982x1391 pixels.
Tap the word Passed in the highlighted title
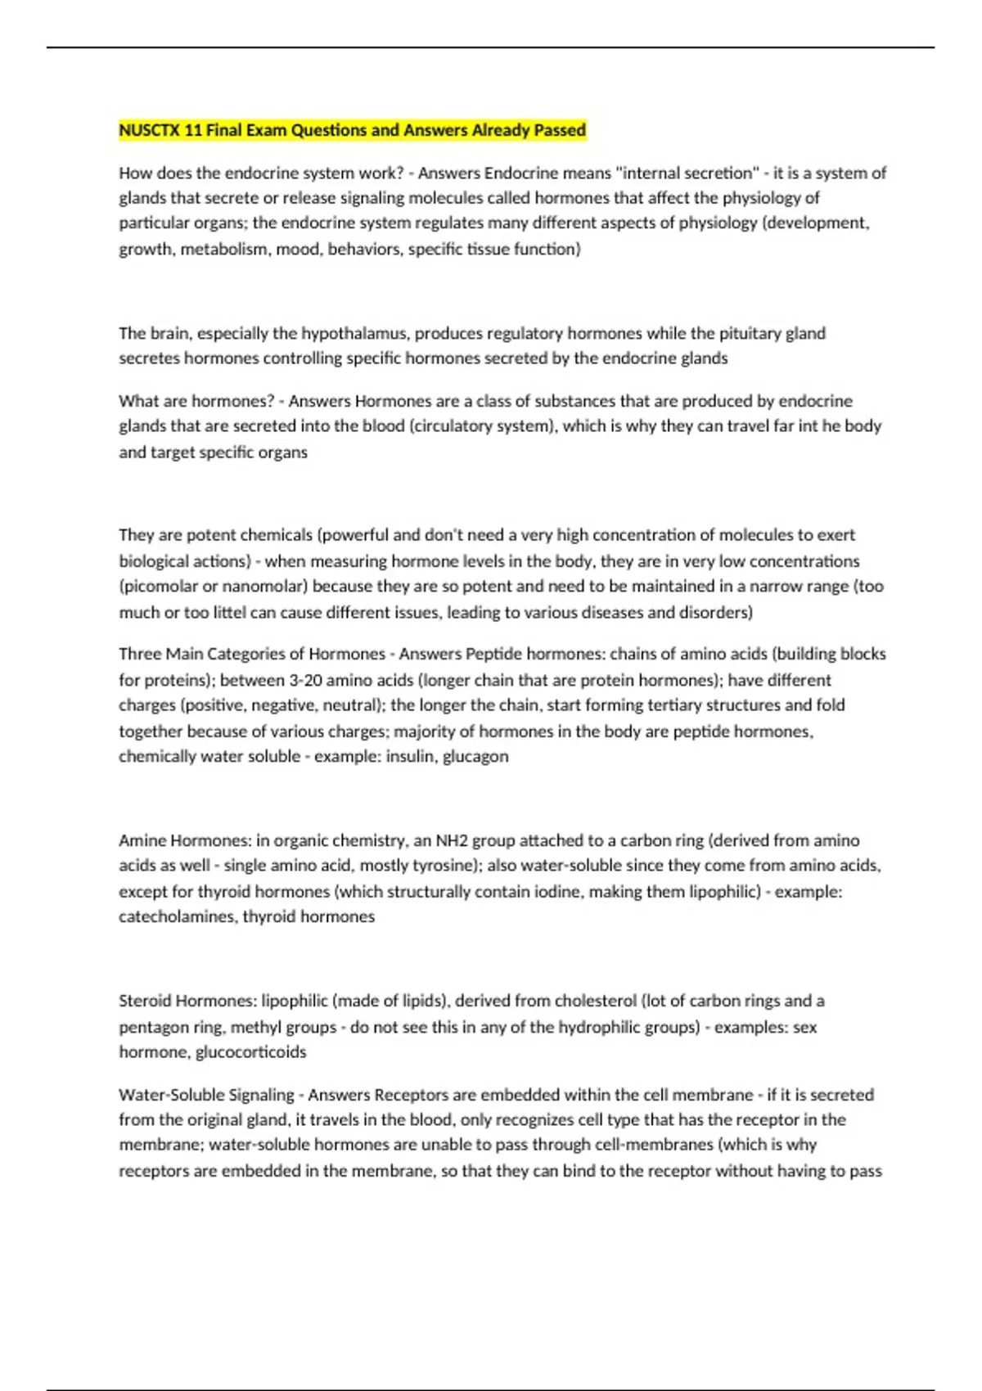(560, 130)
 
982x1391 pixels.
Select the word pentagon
(152, 1027)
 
